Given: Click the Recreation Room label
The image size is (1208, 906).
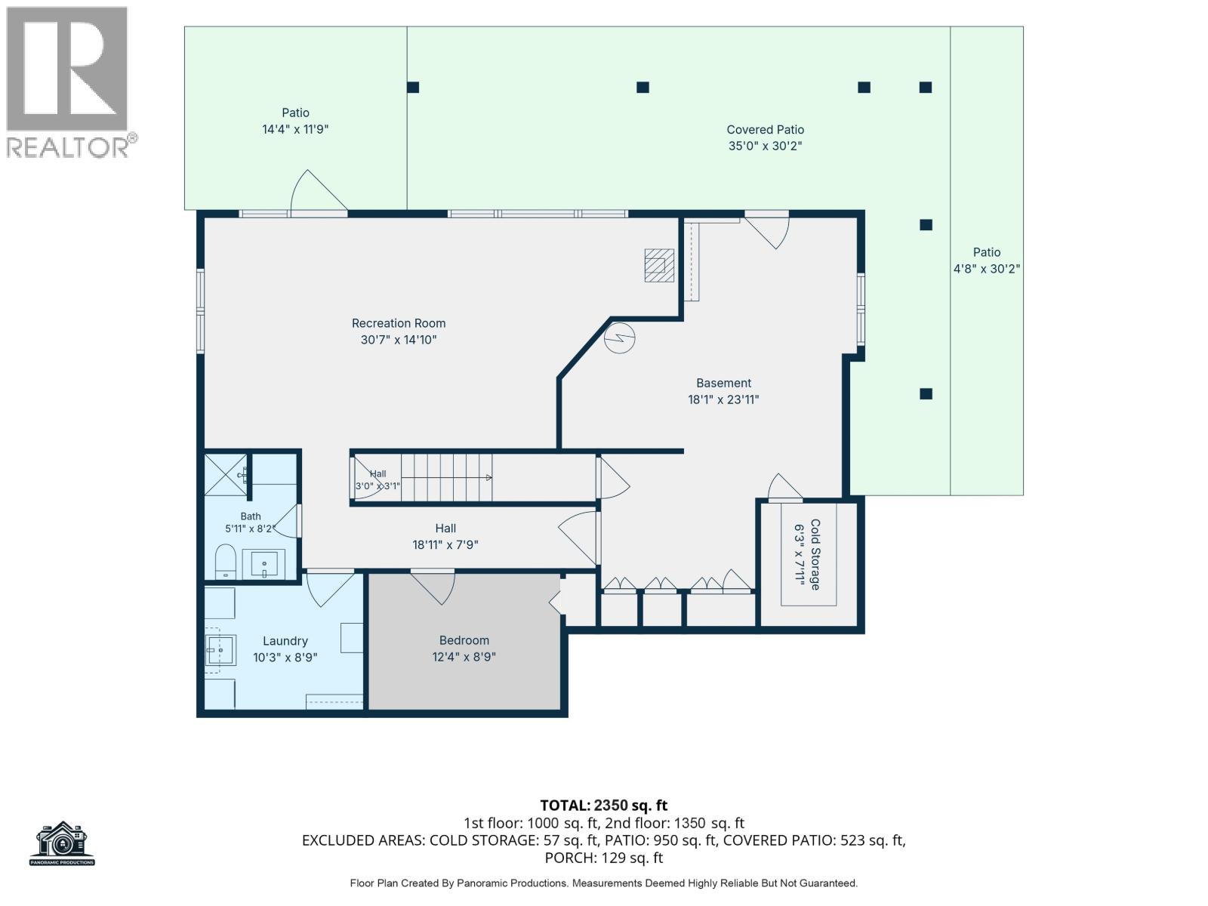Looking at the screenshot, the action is click(399, 323).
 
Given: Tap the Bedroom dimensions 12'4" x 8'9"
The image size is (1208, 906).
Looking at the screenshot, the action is click(464, 657).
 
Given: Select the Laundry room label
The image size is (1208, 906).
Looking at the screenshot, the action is click(285, 641).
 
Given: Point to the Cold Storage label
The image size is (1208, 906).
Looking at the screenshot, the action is click(815, 554).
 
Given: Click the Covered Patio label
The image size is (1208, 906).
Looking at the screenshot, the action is click(765, 130).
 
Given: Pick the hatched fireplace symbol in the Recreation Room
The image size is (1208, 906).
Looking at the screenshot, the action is click(659, 266).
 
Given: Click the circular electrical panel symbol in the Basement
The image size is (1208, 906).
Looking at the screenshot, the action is click(620, 337).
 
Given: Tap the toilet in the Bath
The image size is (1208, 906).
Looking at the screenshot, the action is click(224, 561).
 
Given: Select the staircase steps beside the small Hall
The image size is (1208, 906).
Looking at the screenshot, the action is click(446, 477).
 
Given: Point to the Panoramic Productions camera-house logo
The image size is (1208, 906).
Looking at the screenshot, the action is click(62, 843).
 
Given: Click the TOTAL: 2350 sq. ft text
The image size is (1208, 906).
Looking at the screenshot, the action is click(604, 806).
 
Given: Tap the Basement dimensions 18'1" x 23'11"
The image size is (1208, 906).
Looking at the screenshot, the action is click(723, 399).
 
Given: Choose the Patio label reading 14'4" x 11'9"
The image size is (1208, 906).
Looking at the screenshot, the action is click(295, 121).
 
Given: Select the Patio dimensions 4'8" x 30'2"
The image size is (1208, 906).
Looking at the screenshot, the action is click(987, 269).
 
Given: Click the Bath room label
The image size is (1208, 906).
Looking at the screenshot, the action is click(251, 516).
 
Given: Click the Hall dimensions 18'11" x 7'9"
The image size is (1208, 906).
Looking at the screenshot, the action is click(445, 545).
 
